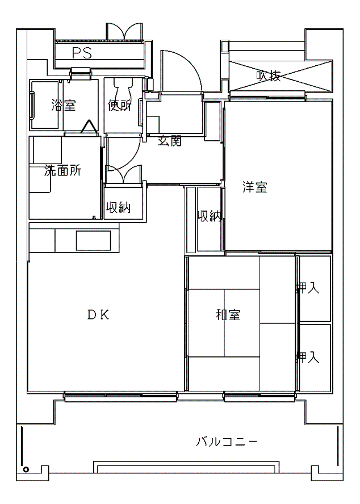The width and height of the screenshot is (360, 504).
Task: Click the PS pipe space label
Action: tap(82, 53)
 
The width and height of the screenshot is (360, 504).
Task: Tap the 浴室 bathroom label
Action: tap(64, 105)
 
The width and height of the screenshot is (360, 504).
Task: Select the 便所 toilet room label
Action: tap(120, 105)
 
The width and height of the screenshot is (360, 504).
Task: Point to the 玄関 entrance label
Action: tap(170, 141)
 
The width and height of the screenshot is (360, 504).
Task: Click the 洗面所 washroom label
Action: tap(62, 171)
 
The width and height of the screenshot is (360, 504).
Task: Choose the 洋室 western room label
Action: tap(255, 187)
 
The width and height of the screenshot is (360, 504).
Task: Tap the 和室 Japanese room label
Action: tap(228, 314)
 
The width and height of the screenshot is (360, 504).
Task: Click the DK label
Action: tap(98, 315)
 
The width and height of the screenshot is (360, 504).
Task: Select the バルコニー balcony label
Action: tap(227, 442)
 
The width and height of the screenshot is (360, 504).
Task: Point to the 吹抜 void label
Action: tap(269, 76)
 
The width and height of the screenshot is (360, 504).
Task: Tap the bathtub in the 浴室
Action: tap(45, 105)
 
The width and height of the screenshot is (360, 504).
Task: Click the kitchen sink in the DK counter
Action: tap(93, 240)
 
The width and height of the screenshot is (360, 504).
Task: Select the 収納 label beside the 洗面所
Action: tap(119, 208)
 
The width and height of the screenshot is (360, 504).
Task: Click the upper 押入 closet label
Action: tap(308, 288)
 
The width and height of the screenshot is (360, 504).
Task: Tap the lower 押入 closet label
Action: tap(308, 357)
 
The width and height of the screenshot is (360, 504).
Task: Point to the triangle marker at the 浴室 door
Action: tap(89, 127)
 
